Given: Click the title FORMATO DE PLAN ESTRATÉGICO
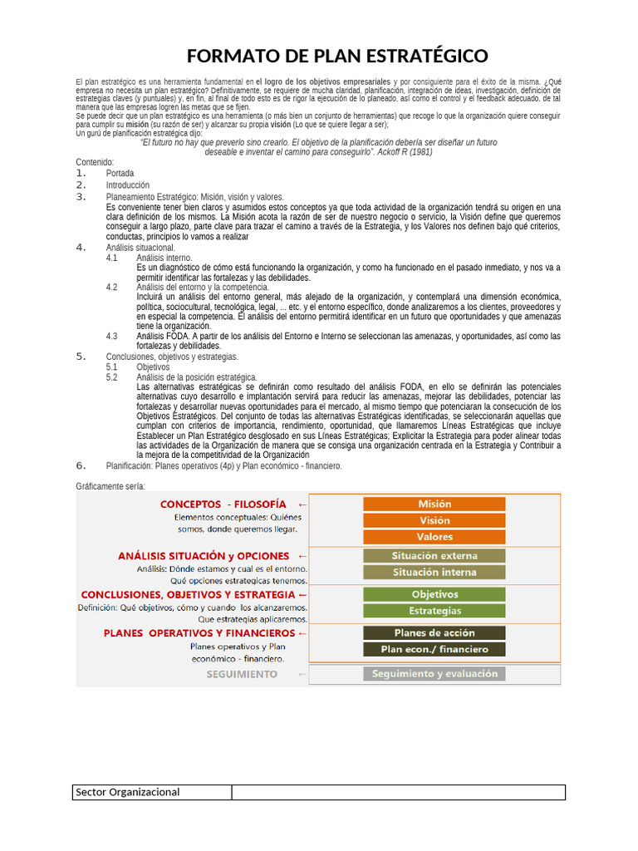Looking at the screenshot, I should coord(337,56).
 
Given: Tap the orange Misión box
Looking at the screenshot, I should coord(434,504).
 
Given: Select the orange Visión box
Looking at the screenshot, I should coord(434,520).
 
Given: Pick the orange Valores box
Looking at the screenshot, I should coord(434,537).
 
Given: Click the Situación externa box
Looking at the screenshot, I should coord(434,555).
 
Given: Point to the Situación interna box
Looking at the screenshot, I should coord(434,572).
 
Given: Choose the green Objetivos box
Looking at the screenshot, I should coord(434,594).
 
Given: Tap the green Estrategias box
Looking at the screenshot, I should coord(434,611).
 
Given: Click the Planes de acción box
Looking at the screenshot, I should coord(434,632).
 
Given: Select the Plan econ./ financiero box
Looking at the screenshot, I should coord(434,649).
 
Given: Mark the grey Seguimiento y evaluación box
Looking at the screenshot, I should coord(434,673).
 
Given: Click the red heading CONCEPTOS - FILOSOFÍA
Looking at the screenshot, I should coord(223,504).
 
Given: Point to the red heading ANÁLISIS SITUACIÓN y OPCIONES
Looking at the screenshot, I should coord(204,555).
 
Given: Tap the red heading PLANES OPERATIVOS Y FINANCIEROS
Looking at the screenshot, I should coord(199,632).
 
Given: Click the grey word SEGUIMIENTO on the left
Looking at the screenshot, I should coord(242,674).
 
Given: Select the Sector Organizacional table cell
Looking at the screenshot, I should coord(152,792).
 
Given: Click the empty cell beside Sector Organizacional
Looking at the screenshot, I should coord(398,792).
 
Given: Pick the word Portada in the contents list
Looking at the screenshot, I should coord(120,173).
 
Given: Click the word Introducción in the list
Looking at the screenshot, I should coord(128,185).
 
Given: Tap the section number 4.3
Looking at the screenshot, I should coord(112,336).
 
